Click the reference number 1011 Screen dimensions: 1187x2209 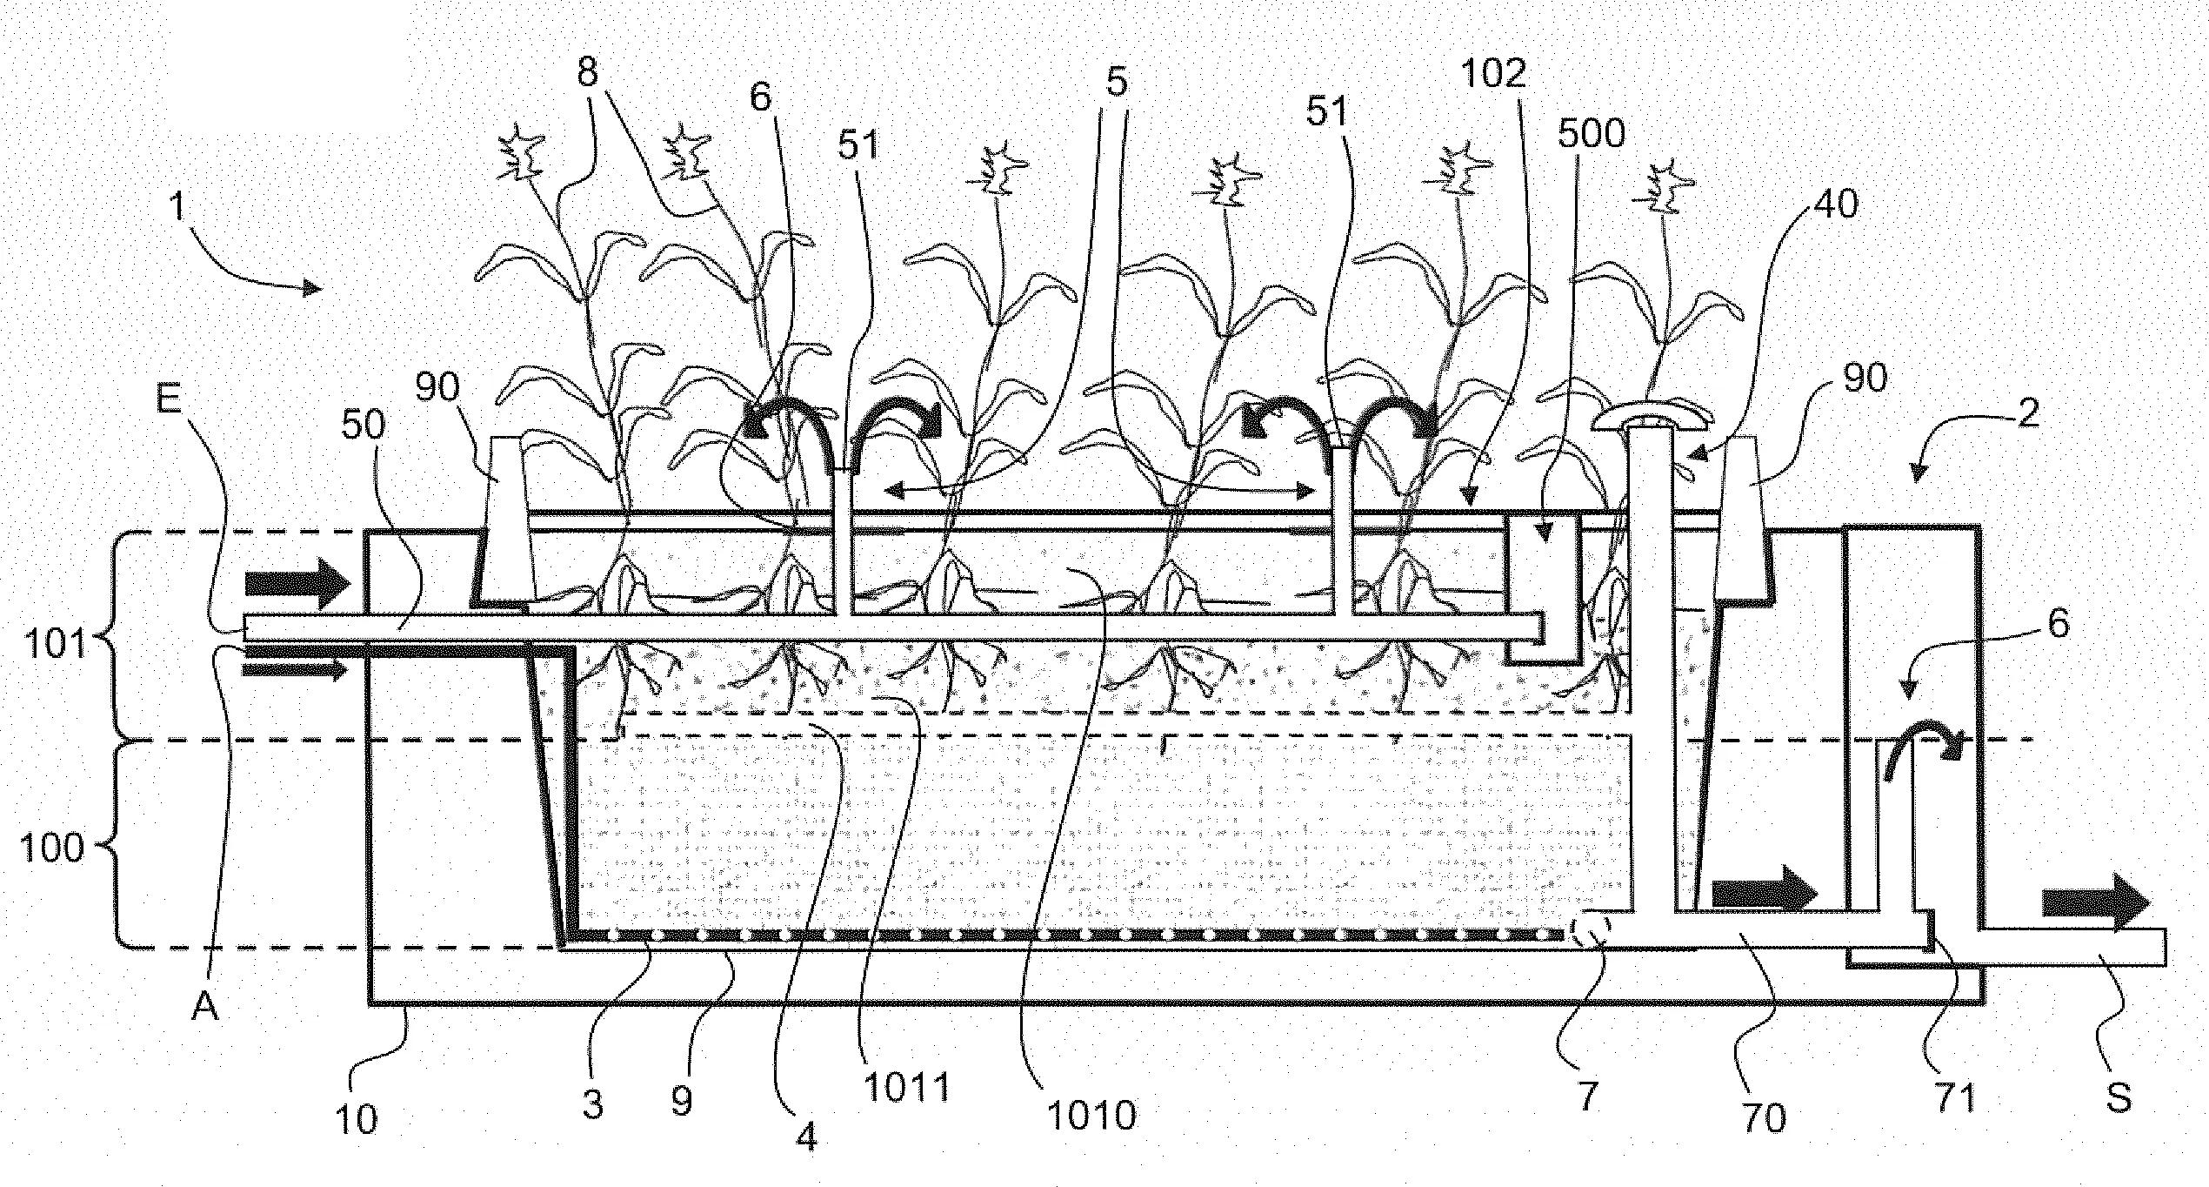pyautogui.click(x=906, y=1087)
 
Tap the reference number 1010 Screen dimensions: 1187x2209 pyautogui.click(x=1091, y=1115)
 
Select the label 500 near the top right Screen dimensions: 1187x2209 pyautogui.click(x=1591, y=133)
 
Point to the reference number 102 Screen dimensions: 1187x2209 pyautogui.click(x=1492, y=74)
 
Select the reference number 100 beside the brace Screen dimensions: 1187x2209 pyautogui.click(x=51, y=848)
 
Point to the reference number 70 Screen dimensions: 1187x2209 pyautogui.click(x=1764, y=1117)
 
